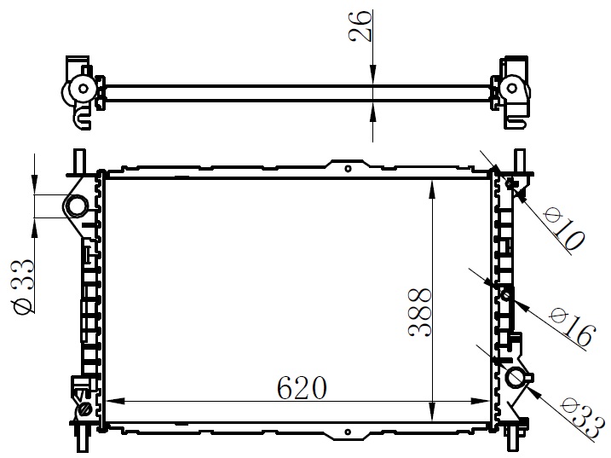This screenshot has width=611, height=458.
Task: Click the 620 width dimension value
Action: pos(302,388)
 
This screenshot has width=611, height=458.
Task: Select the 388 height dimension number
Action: pos(419,312)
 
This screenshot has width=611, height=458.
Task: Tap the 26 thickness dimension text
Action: pos(360,26)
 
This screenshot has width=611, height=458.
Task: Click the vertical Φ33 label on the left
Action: pos(24,286)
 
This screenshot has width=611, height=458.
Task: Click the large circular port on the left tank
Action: pos(77,206)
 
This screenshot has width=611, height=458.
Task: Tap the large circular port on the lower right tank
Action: pos(516,378)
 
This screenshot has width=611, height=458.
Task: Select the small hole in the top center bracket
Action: pos(348,169)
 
